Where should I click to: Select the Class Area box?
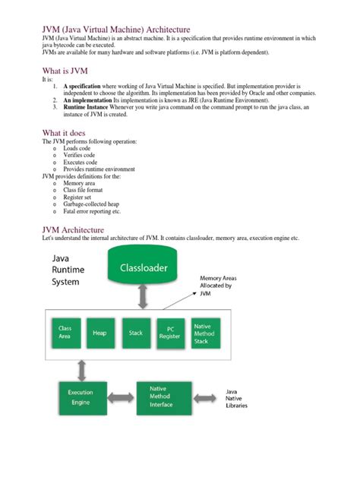65,333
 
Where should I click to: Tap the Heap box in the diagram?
99,333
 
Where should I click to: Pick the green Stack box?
134,333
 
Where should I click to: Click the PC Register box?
170,333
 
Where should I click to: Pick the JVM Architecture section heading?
83,229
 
